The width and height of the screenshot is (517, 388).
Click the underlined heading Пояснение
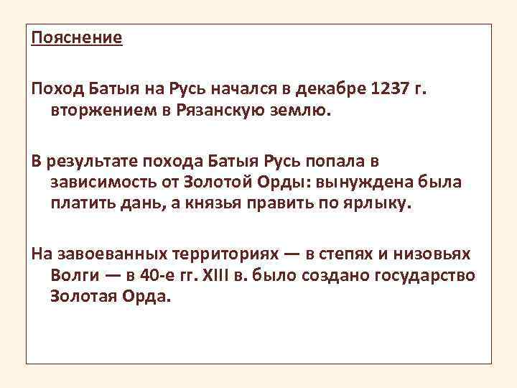(x=77, y=38)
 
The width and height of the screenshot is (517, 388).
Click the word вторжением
(x=95, y=111)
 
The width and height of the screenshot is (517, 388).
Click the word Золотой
(x=218, y=182)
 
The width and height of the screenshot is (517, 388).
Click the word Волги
(x=75, y=276)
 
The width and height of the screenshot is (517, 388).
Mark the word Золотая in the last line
(x=85, y=297)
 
